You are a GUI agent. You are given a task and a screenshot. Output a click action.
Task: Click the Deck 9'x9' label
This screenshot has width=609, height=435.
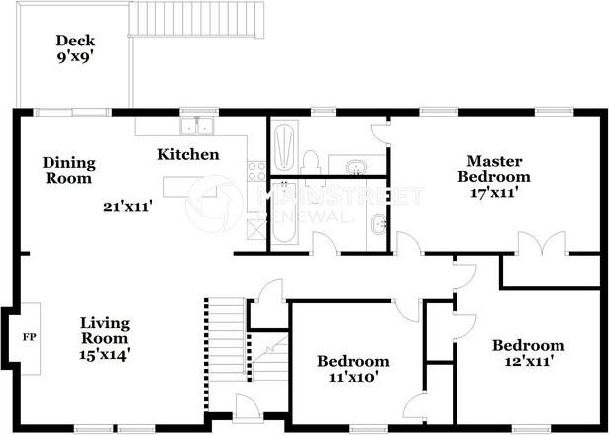(x=75, y=48)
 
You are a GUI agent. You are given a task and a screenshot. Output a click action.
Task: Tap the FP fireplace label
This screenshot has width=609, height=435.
(x=30, y=337)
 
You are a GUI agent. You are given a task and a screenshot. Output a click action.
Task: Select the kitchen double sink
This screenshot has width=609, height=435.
(x=197, y=126)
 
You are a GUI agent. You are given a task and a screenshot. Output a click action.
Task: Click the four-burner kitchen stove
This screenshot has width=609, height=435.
(x=256, y=171)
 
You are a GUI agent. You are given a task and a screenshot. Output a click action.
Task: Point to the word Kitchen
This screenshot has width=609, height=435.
(x=188, y=154)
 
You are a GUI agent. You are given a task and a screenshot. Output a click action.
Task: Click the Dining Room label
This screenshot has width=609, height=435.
(x=69, y=171)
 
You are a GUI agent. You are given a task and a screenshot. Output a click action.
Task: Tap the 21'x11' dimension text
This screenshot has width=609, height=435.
(x=127, y=206)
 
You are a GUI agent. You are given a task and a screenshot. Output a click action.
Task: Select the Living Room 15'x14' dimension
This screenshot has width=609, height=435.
(x=105, y=354)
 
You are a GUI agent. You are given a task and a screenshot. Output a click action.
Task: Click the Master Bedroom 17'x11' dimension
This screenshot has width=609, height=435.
(x=494, y=193)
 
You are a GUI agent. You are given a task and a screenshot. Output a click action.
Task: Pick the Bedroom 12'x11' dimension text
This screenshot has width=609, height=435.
(x=529, y=361)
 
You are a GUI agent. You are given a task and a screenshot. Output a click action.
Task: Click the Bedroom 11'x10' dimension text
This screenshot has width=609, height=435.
(x=354, y=377)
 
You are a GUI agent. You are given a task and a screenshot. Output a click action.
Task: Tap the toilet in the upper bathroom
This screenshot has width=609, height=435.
(x=310, y=163)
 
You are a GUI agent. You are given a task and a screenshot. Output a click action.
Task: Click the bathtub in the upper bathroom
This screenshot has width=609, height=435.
(x=284, y=146)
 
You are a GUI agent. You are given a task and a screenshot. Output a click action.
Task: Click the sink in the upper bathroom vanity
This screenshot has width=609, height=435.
(x=356, y=167)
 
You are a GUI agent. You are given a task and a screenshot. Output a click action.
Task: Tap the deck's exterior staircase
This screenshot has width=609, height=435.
(x=196, y=20)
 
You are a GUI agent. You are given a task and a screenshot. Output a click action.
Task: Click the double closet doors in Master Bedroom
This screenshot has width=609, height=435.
(x=542, y=243)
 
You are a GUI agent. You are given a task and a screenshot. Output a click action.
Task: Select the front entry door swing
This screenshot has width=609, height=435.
(x=247, y=407)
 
